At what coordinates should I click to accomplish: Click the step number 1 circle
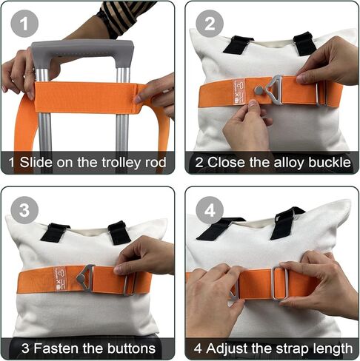coord(24,24)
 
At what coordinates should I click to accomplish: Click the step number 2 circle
coord(209,24)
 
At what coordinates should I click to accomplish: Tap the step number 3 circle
coord(24,210)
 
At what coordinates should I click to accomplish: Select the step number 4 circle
coord(209,210)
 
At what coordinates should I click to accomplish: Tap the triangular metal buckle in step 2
coord(274,87)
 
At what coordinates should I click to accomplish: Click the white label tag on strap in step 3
coord(59,280)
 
